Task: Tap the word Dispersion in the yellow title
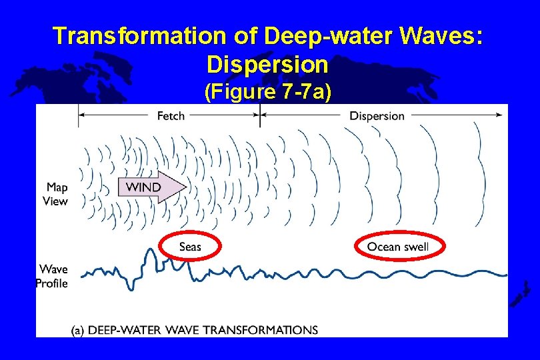click(x=267, y=65)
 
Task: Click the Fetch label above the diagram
click(x=171, y=116)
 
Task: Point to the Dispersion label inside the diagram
click(x=377, y=116)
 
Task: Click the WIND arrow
click(x=152, y=187)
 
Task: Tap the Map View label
click(x=55, y=194)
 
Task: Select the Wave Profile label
click(x=53, y=276)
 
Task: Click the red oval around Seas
click(x=190, y=247)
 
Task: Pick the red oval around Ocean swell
click(x=398, y=247)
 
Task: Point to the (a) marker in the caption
click(x=78, y=330)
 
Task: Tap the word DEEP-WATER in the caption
click(x=122, y=330)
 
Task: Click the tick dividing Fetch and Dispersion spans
click(x=259, y=115)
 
